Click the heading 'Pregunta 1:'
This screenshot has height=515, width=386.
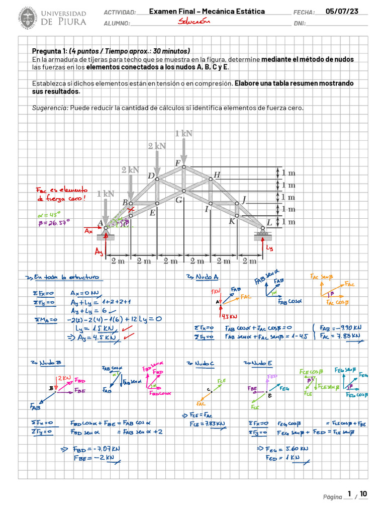[50, 51]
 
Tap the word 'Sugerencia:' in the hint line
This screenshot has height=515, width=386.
[50, 108]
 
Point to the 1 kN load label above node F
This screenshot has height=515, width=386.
[184, 133]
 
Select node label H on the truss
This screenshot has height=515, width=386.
[217, 175]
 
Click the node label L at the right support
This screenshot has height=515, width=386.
[269, 222]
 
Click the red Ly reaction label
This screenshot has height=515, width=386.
[270, 248]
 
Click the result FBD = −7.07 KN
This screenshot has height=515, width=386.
[99, 449]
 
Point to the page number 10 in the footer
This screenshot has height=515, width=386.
[363, 494]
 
